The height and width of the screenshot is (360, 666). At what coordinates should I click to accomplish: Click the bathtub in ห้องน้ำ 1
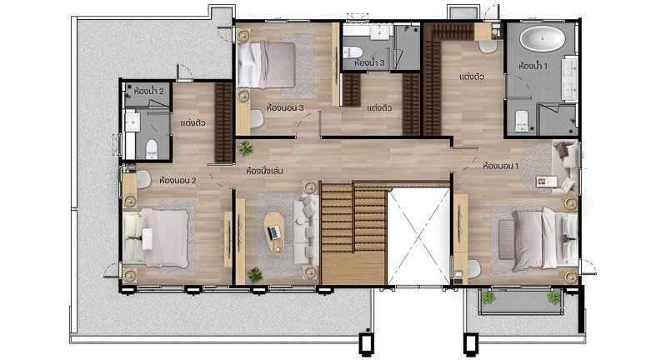[x=543, y=39]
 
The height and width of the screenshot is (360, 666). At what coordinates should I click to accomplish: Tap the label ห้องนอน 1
[x=500, y=166]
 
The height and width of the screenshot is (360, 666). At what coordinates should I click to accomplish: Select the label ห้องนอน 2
[x=178, y=181]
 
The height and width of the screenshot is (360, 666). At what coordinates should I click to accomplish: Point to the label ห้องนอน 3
[x=285, y=107]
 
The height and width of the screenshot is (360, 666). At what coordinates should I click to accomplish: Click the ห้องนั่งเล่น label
[x=264, y=171]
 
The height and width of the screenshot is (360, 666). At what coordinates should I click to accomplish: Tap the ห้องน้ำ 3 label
[x=369, y=62]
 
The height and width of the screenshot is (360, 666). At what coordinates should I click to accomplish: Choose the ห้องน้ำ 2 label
[x=148, y=91]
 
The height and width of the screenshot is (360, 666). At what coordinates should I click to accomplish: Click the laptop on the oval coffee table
[x=275, y=232]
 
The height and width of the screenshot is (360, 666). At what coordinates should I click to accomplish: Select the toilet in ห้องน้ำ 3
[x=353, y=52]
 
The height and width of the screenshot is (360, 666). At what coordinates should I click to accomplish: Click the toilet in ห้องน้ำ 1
[x=521, y=121]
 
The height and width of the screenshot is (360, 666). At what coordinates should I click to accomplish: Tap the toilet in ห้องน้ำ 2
[x=151, y=148]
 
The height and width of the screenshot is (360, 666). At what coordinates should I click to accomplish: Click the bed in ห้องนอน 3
[x=266, y=64]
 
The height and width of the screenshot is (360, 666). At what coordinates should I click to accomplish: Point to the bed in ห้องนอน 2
[x=156, y=237]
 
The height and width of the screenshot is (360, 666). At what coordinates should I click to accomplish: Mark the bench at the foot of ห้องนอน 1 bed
[x=506, y=239]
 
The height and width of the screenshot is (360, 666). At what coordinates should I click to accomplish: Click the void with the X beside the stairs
[x=418, y=237]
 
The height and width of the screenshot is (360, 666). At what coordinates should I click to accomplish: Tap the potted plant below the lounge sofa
[x=255, y=275]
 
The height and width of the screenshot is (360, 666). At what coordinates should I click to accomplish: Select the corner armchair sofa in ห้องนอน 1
[x=564, y=167]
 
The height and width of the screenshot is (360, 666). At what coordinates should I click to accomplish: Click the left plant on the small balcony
[x=488, y=297]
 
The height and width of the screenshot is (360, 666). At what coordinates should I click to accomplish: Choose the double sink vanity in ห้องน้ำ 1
[x=569, y=79]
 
